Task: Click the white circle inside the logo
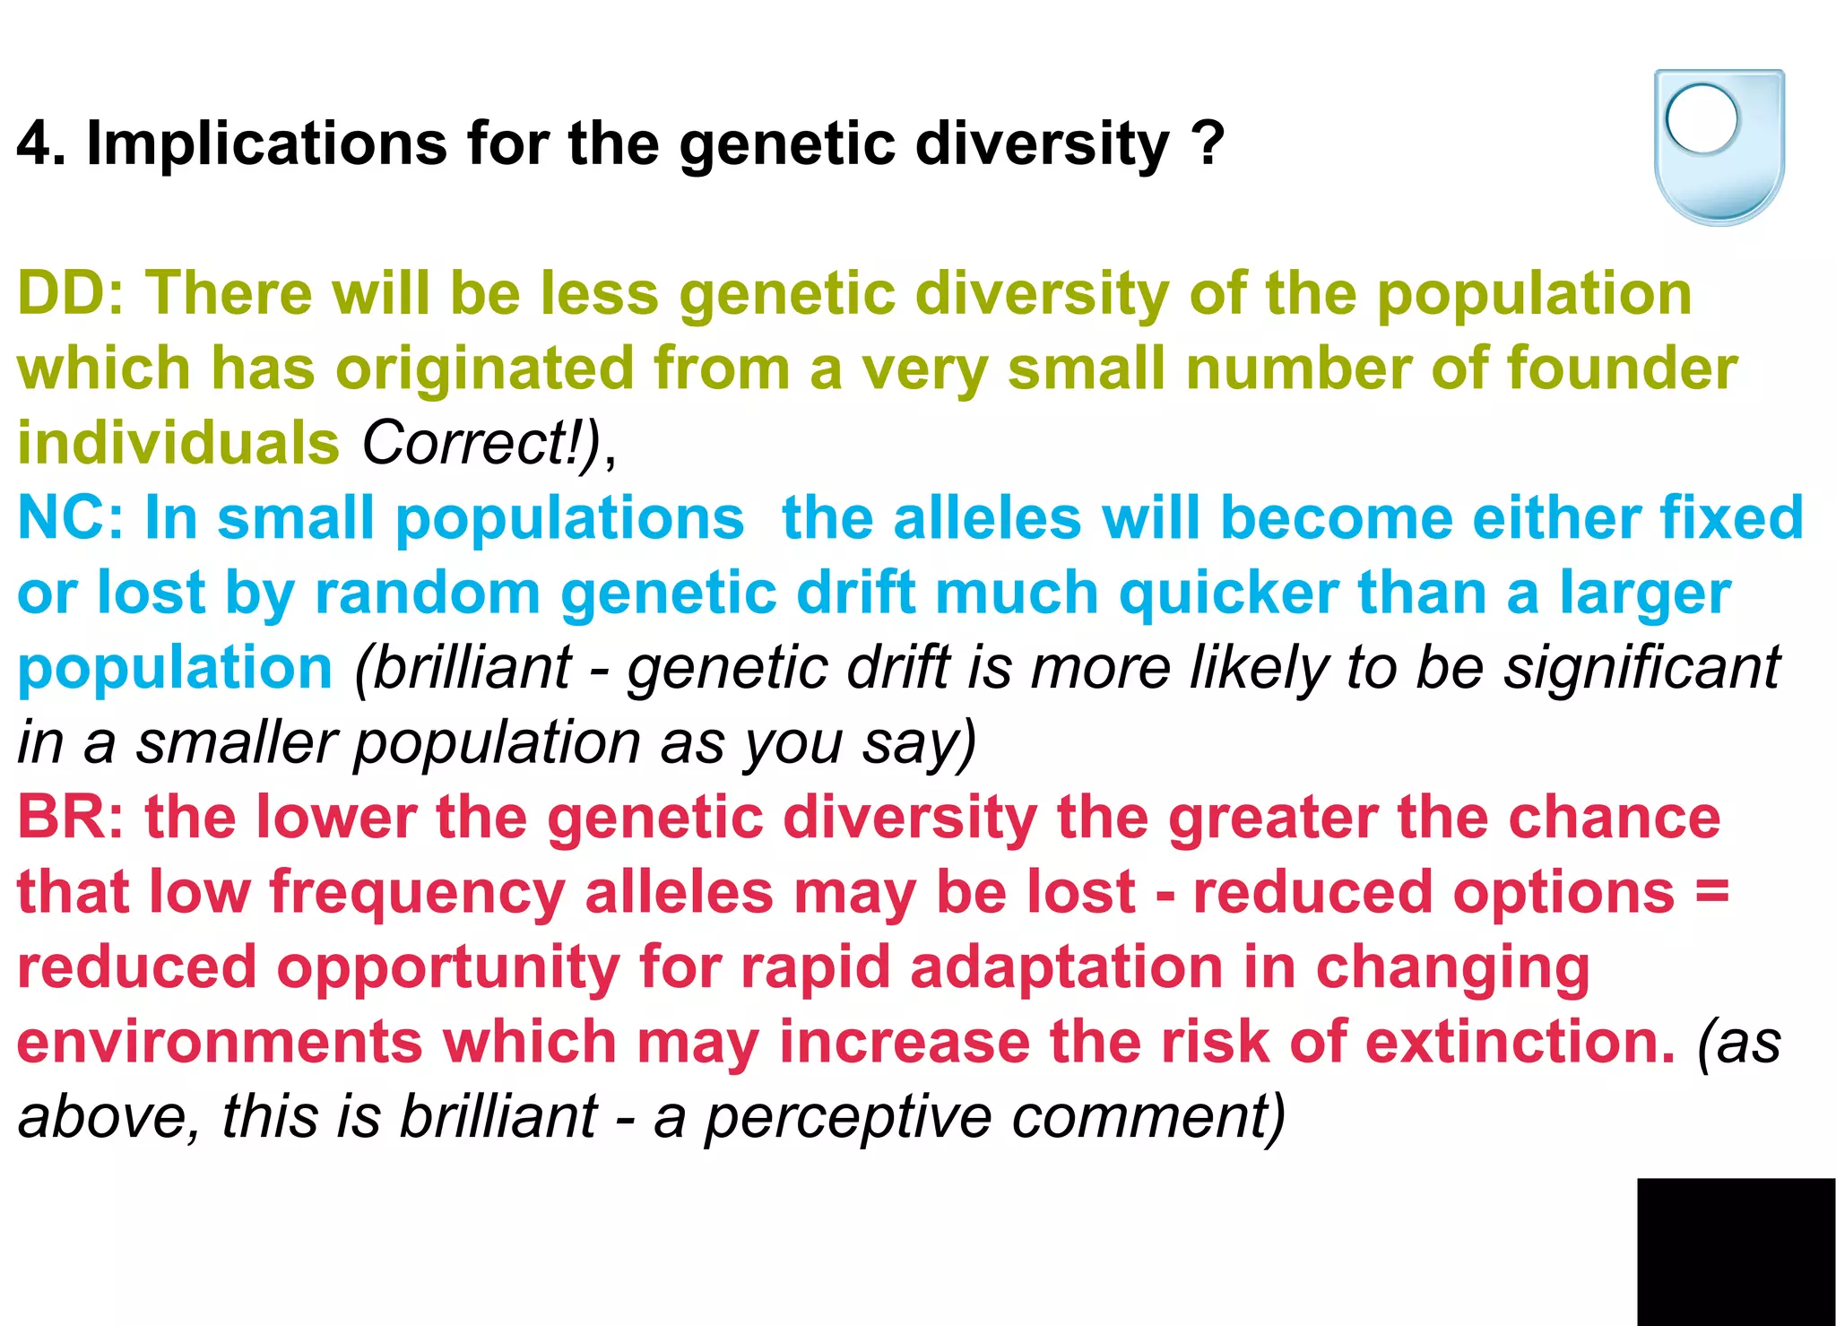point(1702,117)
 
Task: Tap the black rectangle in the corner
point(1736,1252)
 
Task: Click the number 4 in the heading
point(35,143)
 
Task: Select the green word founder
point(1622,368)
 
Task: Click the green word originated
point(484,370)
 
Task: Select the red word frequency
point(417,895)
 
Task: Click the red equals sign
point(1711,893)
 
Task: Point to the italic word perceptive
point(848,1119)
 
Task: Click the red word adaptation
point(1067,968)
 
